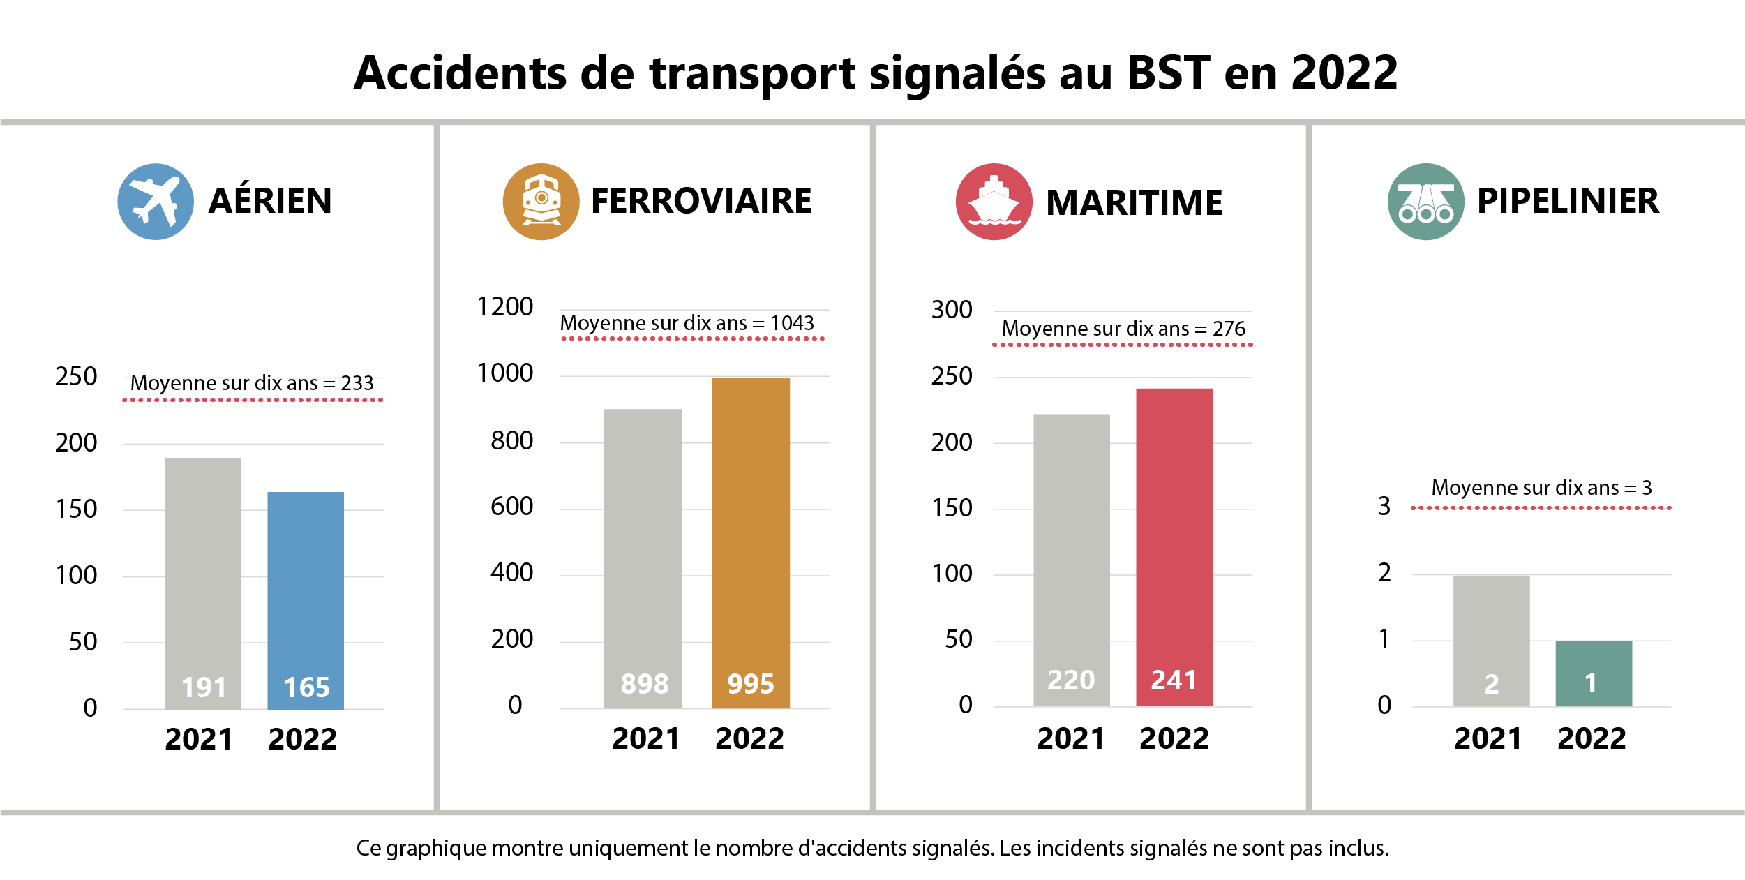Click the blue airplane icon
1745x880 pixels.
156,202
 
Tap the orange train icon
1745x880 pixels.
541,202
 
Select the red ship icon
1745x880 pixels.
994,202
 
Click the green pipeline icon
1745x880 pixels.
1426,202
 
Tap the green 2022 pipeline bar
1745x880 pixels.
1594,673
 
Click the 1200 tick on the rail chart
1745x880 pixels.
504,307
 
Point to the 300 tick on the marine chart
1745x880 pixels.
952,310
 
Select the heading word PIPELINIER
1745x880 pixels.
1568,201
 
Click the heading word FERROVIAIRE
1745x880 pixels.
701,201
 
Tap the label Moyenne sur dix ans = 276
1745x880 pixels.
1123,329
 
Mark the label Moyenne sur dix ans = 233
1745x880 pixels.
252,383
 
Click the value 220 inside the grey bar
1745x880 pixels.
1071,680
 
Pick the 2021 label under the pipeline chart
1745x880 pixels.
1488,738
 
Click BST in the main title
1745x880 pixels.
1169,73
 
